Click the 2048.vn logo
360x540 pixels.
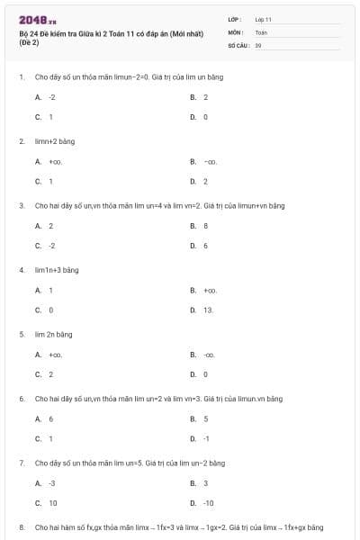coord(38,20)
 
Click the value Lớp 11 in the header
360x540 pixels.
coord(264,19)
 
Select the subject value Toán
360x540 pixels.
coord(261,31)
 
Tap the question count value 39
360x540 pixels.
coord(258,43)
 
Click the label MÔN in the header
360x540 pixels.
coord(236,31)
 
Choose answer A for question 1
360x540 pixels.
coord(46,97)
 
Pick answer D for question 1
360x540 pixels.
coord(200,117)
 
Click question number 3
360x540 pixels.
coord(21,205)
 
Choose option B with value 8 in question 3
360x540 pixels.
coord(200,226)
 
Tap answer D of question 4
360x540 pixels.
coord(202,310)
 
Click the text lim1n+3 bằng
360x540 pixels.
coord(56,269)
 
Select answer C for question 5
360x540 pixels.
coord(45,373)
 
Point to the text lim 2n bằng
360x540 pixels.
coord(53,334)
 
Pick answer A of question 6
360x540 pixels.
coord(45,418)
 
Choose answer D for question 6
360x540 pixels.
coord(201,438)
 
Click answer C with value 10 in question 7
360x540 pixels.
coord(47,503)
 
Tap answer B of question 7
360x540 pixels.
coord(200,483)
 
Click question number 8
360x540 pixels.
coord(21,526)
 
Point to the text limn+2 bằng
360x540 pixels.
coord(53,141)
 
